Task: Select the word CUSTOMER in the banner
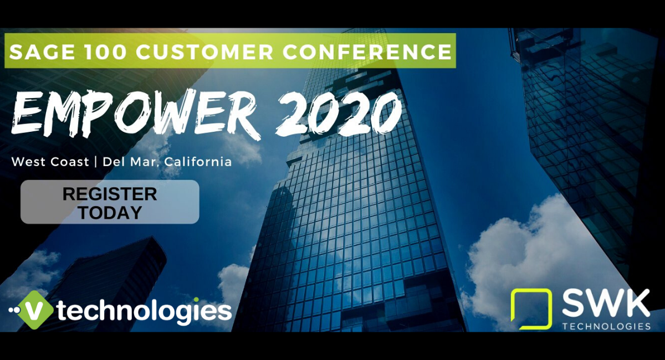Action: [204, 52]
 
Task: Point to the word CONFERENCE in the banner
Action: [367, 52]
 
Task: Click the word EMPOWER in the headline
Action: [136, 114]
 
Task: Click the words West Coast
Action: [50, 162]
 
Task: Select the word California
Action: [198, 162]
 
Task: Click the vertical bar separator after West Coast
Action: [96, 162]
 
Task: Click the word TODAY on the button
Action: [110, 213]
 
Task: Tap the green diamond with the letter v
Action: [35, 310]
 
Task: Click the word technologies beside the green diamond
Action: [144, 311]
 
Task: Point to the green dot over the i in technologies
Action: [196, 300]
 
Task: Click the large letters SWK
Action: [606, 304]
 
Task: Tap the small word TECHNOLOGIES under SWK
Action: [606, 326]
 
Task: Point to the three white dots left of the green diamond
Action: [14, 310]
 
